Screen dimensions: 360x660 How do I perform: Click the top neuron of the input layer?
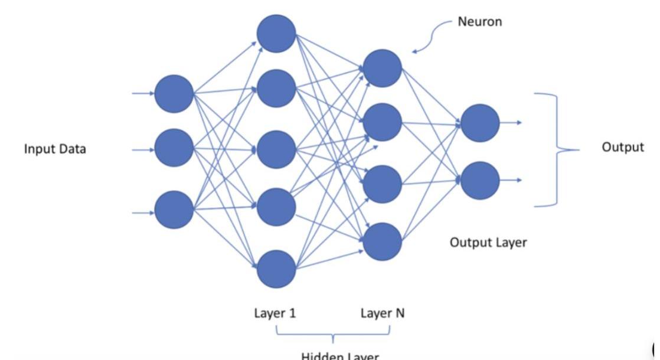tap(174, 93)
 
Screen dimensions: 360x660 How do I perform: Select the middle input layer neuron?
tap(174, 148)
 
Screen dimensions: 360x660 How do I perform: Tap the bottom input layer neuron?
tap(174, 210)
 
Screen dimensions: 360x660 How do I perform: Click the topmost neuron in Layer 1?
tap(276, 33)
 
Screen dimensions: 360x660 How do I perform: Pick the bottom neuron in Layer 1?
tap(276, 269)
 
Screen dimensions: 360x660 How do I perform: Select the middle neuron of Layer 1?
tap(276, 149)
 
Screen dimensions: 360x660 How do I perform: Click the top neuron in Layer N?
tap(383, 68)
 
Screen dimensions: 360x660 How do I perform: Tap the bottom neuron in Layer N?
tap(383, 241)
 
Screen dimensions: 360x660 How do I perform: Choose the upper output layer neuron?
tap(479, 123)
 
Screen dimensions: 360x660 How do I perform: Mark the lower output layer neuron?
tap(479, 180)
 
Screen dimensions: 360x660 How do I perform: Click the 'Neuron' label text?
tap(479, 22)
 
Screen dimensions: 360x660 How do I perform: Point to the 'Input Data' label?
tap(55, 149)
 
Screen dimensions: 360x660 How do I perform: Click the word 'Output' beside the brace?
tap(623, 147)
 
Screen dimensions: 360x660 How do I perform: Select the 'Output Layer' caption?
tap(488, 242)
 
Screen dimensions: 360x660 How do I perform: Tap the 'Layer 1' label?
tap(275, 313)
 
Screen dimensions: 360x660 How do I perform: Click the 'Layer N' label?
tap(383, 313)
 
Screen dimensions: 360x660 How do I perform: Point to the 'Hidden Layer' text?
tap(339, 355)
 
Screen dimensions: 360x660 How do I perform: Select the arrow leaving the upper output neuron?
tap(511, 123)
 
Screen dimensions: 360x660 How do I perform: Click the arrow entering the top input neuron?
tap(143, 93)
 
